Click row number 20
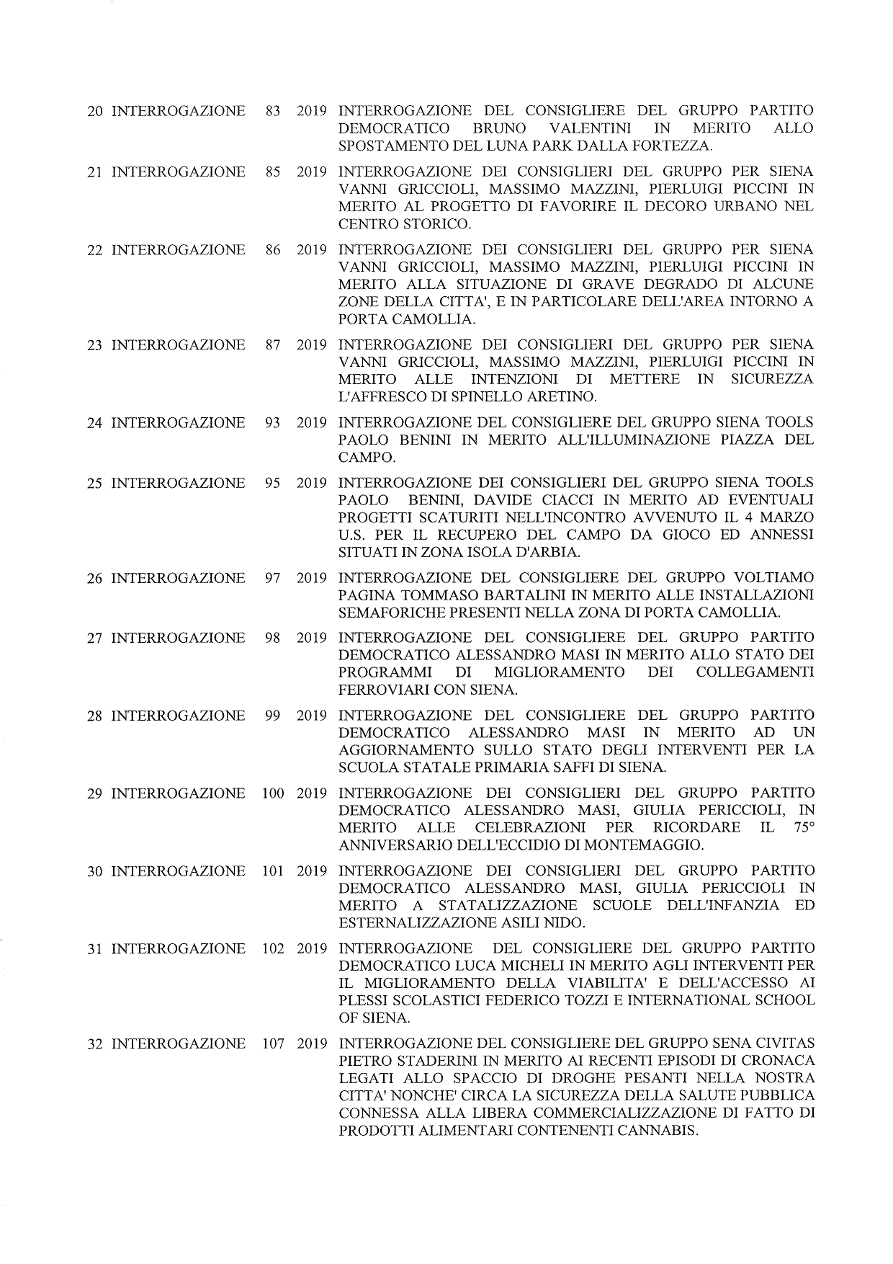coord(94,112)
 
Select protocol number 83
coord(272,112)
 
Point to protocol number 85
coord(272,172)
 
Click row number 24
coord(94,423)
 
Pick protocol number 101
coord(272,871)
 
